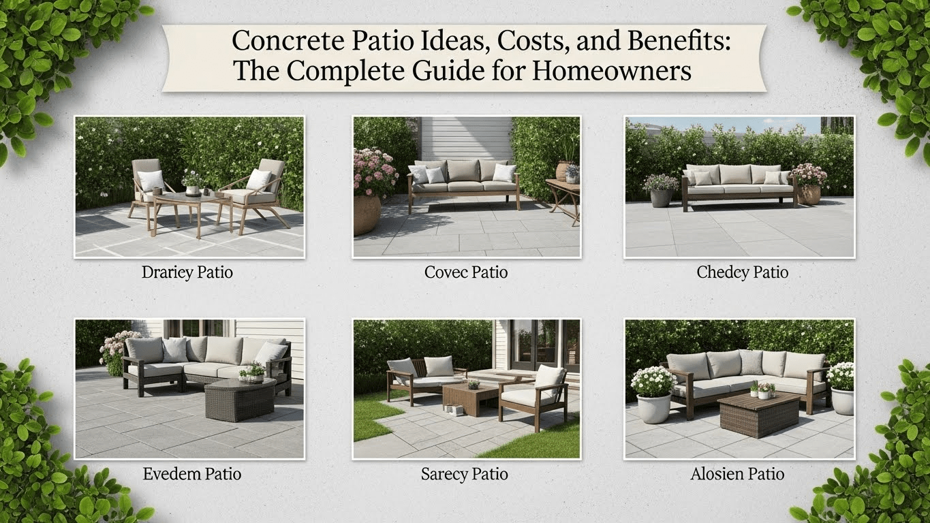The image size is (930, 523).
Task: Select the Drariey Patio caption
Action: (187, 273)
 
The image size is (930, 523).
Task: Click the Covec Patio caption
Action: (466, 273)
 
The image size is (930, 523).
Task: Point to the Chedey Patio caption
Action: (742, 273)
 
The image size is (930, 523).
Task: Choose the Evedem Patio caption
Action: (192, 474)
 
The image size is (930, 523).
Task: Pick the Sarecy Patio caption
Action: (465, 474)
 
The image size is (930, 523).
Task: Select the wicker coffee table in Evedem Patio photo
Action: (239, 402)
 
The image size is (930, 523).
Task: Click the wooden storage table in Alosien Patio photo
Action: (759, 413)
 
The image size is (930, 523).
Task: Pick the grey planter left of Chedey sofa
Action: (661, 197)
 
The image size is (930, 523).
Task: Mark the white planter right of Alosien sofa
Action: (842, 400)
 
